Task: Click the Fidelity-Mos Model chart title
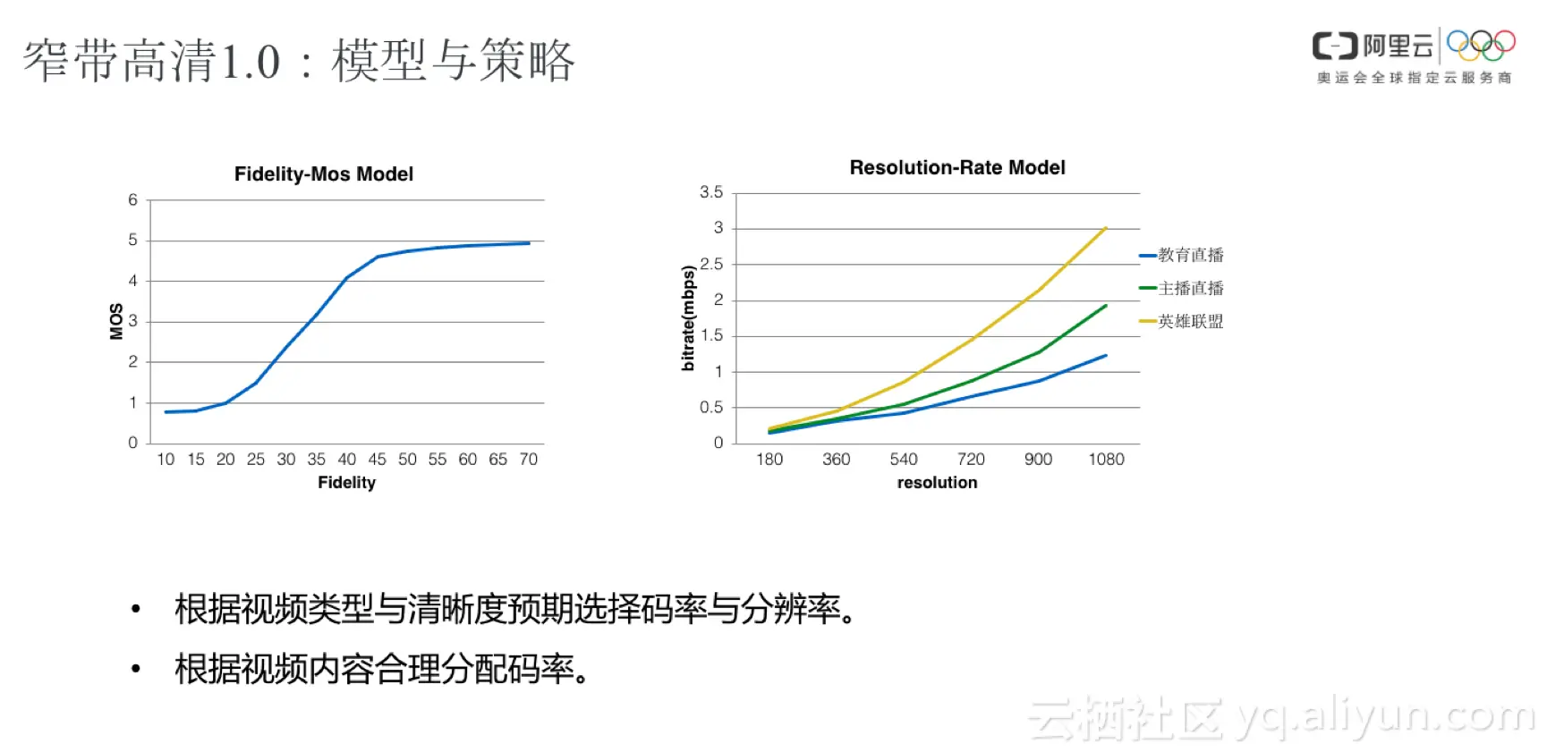[x=323, y=174]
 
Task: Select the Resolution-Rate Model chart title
[x=956, y=168]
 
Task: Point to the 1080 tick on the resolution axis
[x=1106, y=460]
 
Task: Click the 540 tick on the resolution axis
[x=904, y=460]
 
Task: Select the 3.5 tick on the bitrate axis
[x=711, y=192]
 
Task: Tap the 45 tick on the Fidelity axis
[x=378, y=460]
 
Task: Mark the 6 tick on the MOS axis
[x=132, y=200]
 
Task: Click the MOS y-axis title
[x=116, y=322]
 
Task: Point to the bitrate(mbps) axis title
[x=688, y=318]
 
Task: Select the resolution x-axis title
[x=937, y=483]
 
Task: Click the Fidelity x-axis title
[x=346, y=483]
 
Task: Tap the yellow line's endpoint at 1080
[x=1106, y=228]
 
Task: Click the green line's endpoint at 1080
[x=1106, y=306]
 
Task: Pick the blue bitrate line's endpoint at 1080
[x=1106, y=356]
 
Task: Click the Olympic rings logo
[x=1481, y=45]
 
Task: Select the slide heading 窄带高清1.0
[x=152, y=61]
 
